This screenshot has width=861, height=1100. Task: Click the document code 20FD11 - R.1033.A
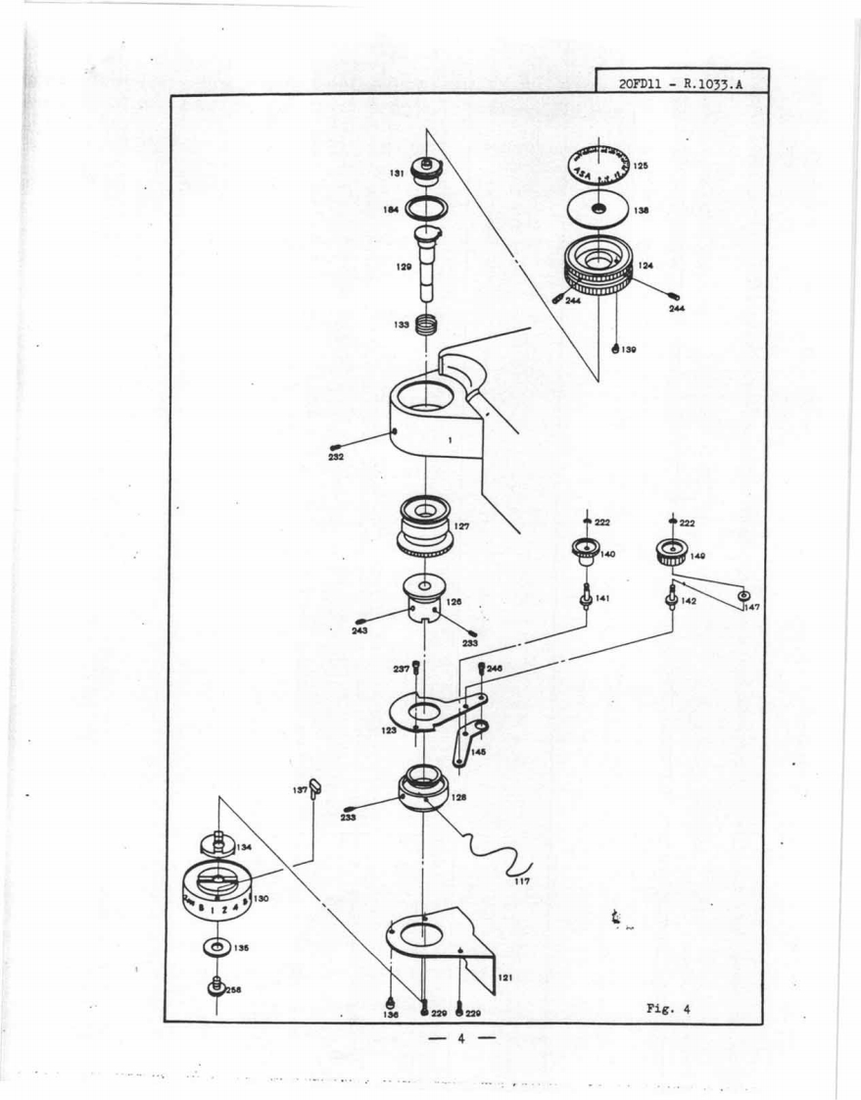point(681,83)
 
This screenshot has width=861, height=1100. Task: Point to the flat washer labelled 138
point(598,210)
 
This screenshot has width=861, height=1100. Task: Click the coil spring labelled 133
point(425,325)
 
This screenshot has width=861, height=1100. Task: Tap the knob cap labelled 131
point(428,172)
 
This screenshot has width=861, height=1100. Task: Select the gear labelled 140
point(585,552)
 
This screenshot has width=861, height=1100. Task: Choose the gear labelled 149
point(671,552)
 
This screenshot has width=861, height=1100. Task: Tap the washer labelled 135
point(214,949)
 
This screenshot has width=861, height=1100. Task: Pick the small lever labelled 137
point(315,786)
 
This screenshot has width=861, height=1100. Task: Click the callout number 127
point(462,526)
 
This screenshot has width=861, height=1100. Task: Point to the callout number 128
point(458,797)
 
